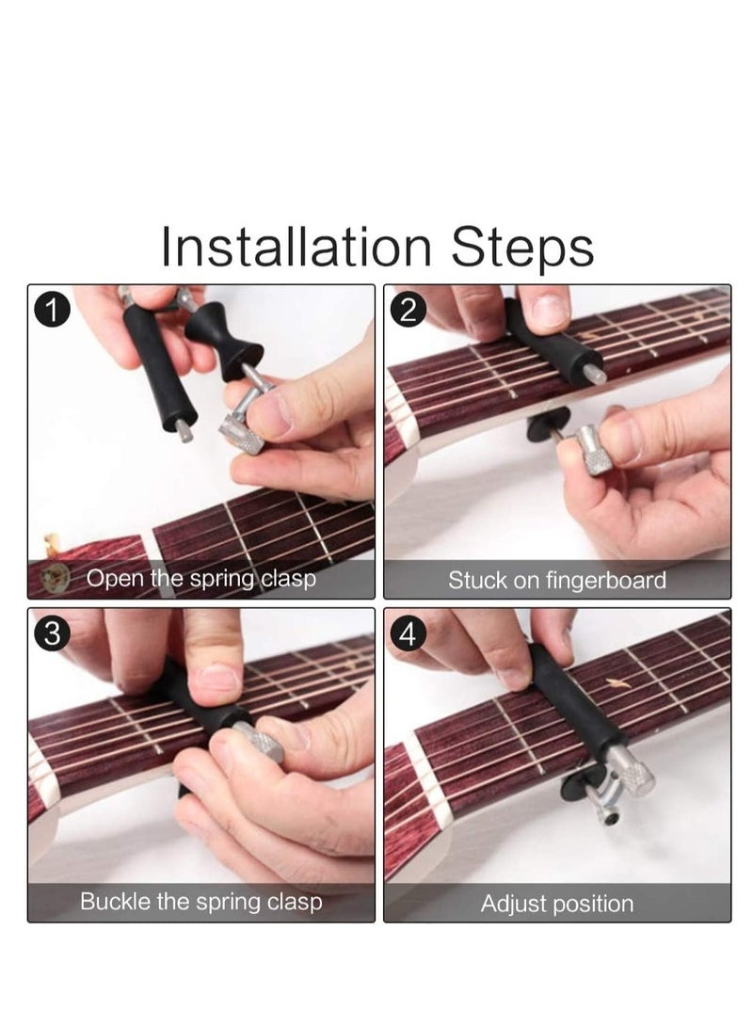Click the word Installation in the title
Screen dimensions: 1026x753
point(296,247)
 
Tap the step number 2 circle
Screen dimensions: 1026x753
point(409,310)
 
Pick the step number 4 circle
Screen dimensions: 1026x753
point(409,634)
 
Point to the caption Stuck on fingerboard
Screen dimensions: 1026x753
point(556,580)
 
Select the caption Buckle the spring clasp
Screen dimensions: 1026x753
point(200,902)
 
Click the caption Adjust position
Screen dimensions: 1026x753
point(556,904)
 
